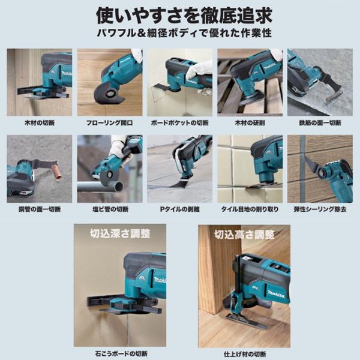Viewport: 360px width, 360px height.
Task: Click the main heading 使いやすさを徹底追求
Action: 184,16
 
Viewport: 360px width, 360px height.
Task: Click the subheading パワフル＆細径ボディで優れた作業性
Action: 184,33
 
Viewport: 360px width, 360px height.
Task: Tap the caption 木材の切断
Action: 40,123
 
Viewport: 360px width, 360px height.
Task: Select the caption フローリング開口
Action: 110,123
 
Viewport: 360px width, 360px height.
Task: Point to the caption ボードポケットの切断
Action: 180,123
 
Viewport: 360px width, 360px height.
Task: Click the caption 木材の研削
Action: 250,123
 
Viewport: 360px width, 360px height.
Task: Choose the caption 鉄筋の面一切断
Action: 320,123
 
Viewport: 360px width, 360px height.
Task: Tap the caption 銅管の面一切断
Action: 40,209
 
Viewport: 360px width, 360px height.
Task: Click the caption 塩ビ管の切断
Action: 110,209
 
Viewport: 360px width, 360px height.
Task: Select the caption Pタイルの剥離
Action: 180,209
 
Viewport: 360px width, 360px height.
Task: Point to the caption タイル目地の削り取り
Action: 250,209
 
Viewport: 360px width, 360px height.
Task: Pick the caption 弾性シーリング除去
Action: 320,209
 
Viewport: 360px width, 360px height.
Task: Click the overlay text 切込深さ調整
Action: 120,234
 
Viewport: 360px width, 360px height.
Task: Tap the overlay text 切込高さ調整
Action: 244,235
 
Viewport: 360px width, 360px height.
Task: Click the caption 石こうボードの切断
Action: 121,354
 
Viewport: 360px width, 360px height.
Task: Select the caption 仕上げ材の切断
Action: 245,354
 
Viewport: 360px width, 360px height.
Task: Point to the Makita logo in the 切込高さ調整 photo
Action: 276,294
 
